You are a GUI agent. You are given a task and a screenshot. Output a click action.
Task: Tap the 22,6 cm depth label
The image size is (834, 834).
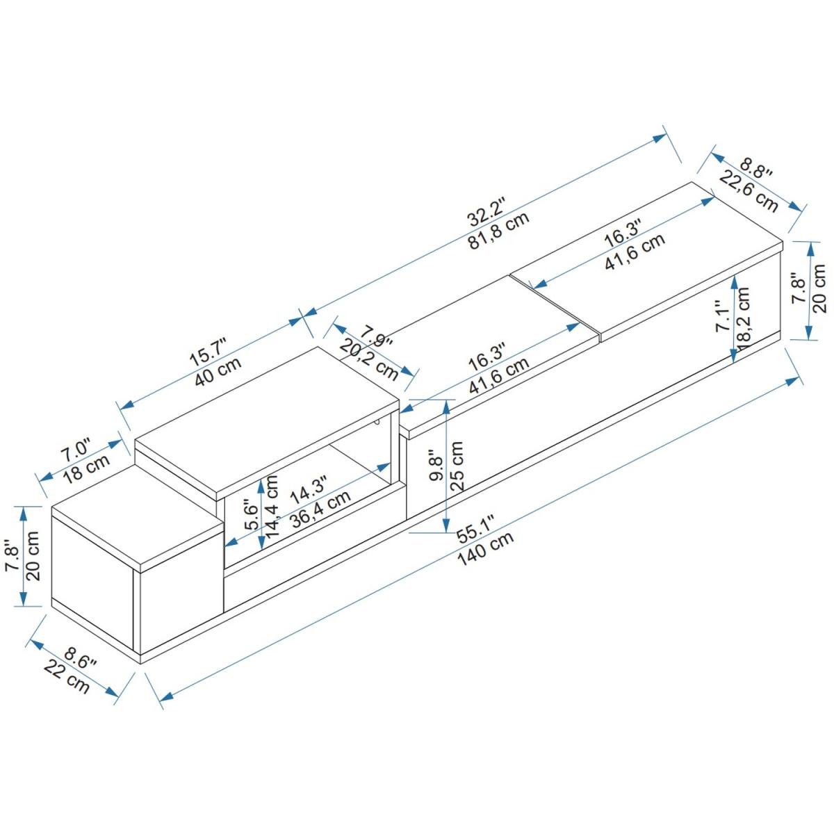click(x=749, y=190)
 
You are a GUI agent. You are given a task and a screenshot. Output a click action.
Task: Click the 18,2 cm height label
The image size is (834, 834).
click(x=744, y=318)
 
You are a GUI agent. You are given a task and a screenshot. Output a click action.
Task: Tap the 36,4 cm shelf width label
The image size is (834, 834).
click(x=320, y=511)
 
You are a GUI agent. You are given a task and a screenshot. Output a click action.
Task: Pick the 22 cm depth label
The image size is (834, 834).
click(x=67, y=677)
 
